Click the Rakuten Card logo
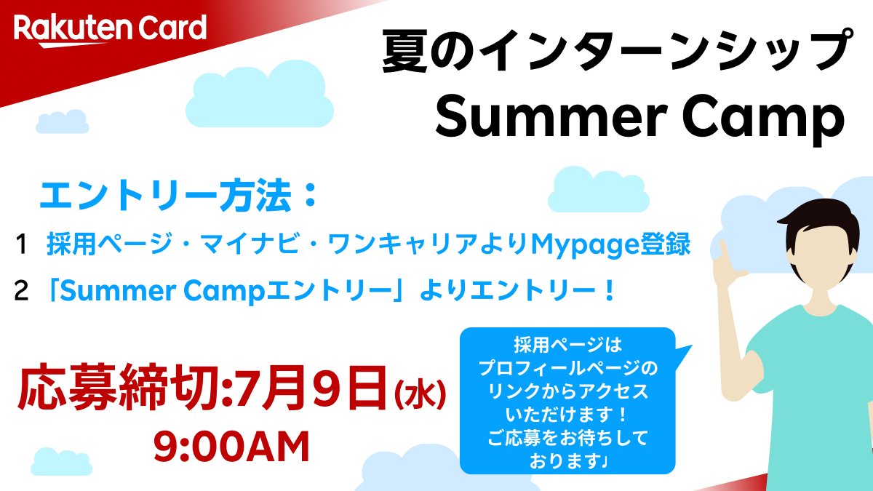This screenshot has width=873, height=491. coord(110,30)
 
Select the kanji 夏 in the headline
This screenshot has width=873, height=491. coord(405,52)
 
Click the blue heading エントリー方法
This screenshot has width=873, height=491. coord(166,196)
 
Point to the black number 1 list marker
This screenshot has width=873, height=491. coord(21,244)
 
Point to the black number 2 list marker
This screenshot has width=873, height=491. coord(21,291)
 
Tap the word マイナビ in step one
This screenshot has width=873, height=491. coord(246,244)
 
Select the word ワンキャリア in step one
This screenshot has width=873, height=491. coord(403,244)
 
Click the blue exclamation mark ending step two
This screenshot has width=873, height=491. coord(608,291)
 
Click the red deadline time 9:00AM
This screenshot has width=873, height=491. coord(231,447)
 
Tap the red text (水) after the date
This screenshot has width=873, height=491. coord(420,394)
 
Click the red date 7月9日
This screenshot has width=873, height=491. coord(311,387)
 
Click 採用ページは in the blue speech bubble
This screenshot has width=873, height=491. coord(567,345)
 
